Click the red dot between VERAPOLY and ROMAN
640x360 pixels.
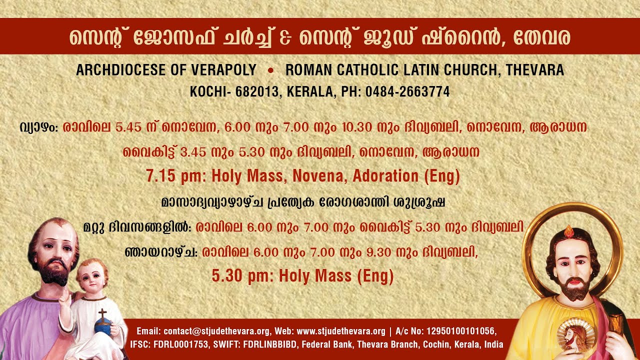(270, 70)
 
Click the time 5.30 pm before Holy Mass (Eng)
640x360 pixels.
(241, 276)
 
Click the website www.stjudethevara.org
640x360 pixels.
(341, 331)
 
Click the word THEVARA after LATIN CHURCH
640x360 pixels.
(534, 70)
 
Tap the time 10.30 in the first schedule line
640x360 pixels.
(357, 127)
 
